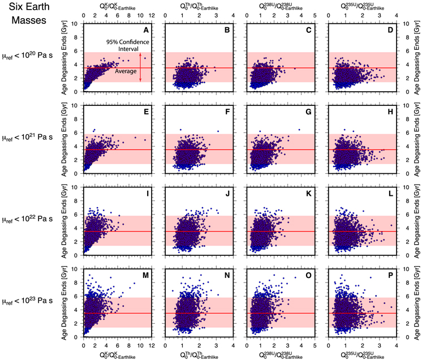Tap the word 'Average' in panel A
tap(124, 71)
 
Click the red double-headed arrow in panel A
tap(140, 67)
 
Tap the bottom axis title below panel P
tap(361, 354)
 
